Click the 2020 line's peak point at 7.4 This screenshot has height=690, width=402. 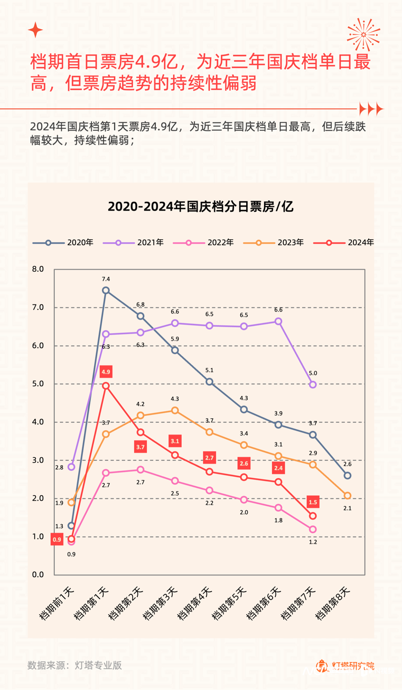106,290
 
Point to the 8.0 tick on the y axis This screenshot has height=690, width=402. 38,269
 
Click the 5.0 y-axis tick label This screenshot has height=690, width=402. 38,384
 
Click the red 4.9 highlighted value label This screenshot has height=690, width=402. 106,372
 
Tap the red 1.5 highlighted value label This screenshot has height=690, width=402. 313,503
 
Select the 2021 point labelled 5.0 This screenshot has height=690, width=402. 313,384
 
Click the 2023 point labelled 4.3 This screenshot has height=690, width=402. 175,410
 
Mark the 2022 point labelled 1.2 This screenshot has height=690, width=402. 313,529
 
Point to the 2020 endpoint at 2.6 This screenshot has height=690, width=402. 347,476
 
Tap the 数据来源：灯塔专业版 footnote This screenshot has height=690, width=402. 74,665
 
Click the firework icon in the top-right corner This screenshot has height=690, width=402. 363,34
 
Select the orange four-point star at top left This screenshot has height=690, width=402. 35,30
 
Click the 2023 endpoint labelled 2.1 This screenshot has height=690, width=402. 347,495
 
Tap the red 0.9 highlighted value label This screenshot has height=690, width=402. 57,540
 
